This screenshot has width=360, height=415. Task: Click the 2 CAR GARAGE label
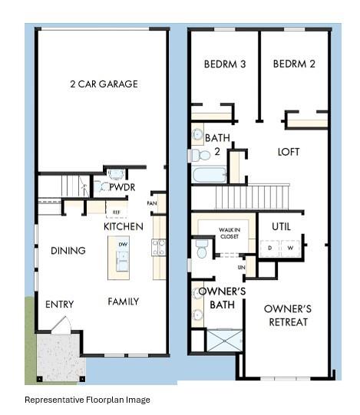pos(104,84)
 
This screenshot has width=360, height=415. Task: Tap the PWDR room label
pos(122,187)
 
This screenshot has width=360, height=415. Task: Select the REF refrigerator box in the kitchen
pos(117,212)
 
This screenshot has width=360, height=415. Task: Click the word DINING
pos(68,251)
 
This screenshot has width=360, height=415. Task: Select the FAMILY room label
pos(123,301)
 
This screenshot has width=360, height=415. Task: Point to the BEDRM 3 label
pos(224,64)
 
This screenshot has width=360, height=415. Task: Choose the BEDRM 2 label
pos(294,64)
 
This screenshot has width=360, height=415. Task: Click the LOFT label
pos(288,152)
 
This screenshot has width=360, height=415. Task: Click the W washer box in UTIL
pos(290,249)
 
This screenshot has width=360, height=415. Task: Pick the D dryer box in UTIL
pos(270,249)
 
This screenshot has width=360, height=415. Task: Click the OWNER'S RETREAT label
pos(286,315)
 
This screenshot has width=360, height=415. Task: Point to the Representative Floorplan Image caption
pos(88,400)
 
